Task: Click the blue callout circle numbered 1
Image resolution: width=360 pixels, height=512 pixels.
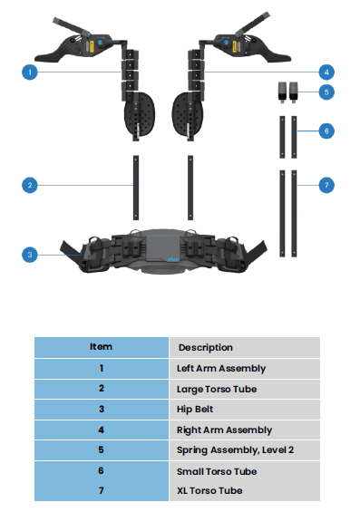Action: click(30, 71)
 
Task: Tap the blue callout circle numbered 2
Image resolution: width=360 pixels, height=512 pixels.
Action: click(30, 185)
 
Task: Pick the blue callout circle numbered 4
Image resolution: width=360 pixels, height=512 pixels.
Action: click(326, 71)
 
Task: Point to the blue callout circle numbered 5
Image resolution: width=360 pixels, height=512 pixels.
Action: click(326, 92)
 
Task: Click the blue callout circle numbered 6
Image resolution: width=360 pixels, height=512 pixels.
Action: click(326, 131)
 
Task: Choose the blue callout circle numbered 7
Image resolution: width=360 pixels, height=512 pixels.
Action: click(326, 185)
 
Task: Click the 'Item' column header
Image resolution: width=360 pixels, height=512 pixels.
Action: click(101, 347)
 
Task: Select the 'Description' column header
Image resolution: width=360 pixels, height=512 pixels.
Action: click(205, 347)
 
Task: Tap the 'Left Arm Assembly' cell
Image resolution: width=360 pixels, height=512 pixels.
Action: click(221, 368)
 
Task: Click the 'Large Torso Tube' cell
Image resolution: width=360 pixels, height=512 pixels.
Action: click(217, 389)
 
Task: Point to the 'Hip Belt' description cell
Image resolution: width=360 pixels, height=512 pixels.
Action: click(197, 410)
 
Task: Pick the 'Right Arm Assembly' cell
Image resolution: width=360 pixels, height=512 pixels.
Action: click(224, 430)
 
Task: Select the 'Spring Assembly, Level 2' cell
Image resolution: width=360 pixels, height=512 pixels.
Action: click(235, 450)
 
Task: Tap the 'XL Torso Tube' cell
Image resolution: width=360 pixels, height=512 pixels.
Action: click(209, 491)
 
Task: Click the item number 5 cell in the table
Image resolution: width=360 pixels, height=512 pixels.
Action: click(101, 450)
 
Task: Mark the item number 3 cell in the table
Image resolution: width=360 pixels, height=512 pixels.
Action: click(101, 410)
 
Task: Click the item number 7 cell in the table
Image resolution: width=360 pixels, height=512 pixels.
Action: click(101, 491)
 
